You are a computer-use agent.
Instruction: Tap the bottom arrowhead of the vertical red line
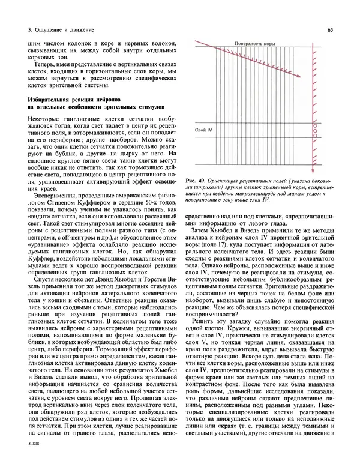click(313, 172)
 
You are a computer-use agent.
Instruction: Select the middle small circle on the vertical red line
click(313, 121)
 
